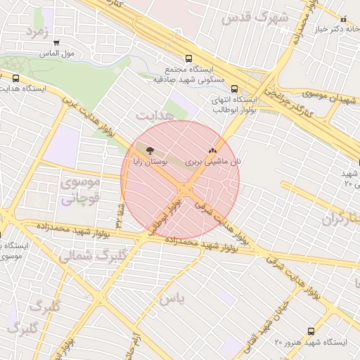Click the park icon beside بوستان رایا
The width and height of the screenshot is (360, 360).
pyautogui.click(x=149, y=149)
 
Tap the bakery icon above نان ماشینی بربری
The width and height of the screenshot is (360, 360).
pyautogui.click(x=213, y=150)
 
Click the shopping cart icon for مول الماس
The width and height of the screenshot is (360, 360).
pyautogui.click(x=56, y=42)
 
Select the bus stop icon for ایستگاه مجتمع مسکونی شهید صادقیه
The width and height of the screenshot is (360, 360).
pyautogui.click(x=188, y=59)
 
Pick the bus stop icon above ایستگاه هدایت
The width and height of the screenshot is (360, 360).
pyautogui.click(x=15, y=79)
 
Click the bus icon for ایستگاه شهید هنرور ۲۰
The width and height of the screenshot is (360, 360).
pyautogui.click(x=311, y=331)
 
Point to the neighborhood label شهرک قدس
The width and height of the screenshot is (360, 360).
pyautogui.click(x=255, y=18)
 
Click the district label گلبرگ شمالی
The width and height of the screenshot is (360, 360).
pyautogui.click(x=84, y=254)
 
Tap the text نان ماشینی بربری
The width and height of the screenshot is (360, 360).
pyautogui.click(x=213, y=162)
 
